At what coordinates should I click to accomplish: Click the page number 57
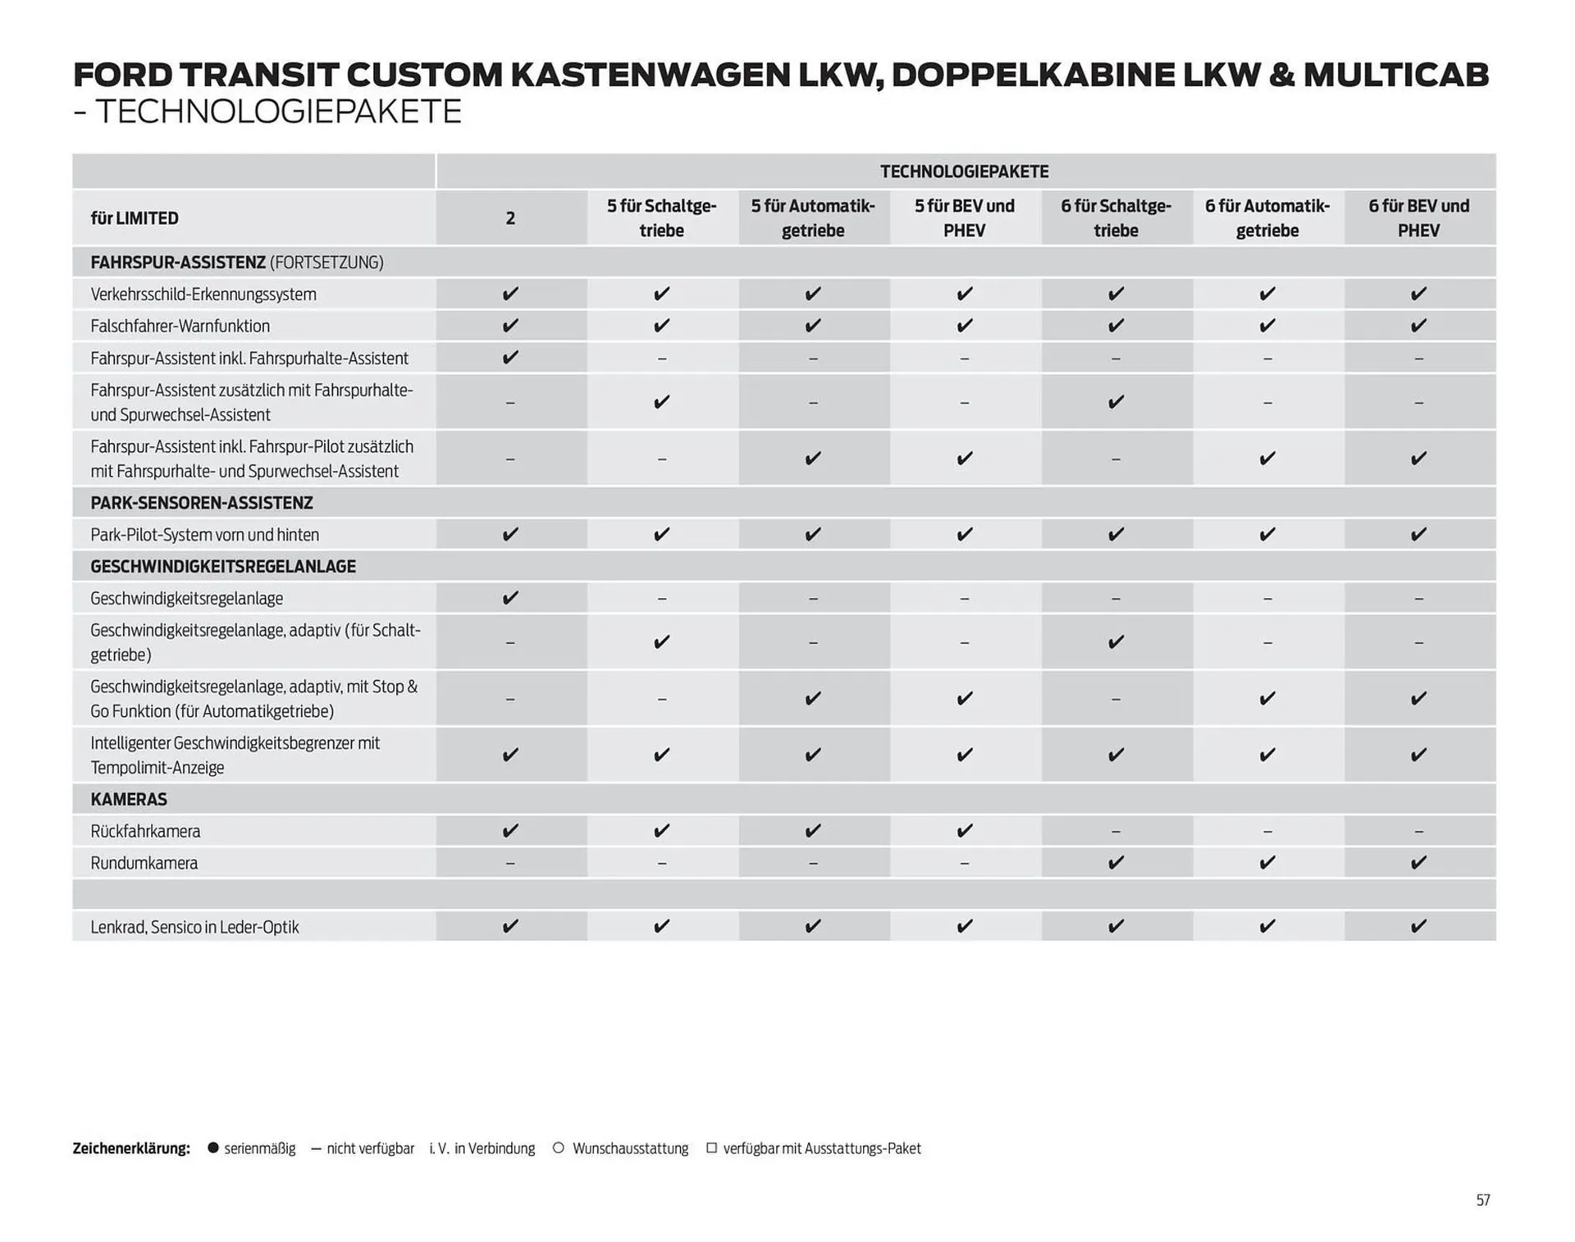(1482, 1200)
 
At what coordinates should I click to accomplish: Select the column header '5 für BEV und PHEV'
(964, 218)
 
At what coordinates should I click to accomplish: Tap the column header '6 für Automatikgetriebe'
(1267, 218)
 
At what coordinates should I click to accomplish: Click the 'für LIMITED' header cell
(135, 218)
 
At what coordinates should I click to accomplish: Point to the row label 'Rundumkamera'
(144, 863)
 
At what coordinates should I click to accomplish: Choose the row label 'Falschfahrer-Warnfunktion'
(180, 326)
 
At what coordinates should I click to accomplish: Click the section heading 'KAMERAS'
(129, 799)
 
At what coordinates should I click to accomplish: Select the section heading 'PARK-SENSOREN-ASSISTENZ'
(202, 503)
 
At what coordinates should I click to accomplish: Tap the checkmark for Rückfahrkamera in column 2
(510, 831)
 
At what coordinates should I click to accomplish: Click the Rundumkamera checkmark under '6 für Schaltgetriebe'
(1116, 863)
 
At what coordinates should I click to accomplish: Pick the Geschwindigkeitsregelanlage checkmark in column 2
(510, 598)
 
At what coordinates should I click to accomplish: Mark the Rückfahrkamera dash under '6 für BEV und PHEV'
(1418, 832)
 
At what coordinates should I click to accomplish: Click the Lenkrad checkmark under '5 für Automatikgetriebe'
(813, 926)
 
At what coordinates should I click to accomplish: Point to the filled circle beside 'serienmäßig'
(213, 1148)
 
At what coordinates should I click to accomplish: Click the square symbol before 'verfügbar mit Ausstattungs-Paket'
(711, 1148)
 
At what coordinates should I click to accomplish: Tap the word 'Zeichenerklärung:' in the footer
(131, 1148)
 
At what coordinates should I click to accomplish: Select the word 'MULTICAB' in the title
(1395, 75)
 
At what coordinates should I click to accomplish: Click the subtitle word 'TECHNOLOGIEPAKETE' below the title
(279, 112)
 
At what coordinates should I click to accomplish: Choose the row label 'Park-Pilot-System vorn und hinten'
(204, 535)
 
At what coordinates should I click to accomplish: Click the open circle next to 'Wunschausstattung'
(559, 1148)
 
